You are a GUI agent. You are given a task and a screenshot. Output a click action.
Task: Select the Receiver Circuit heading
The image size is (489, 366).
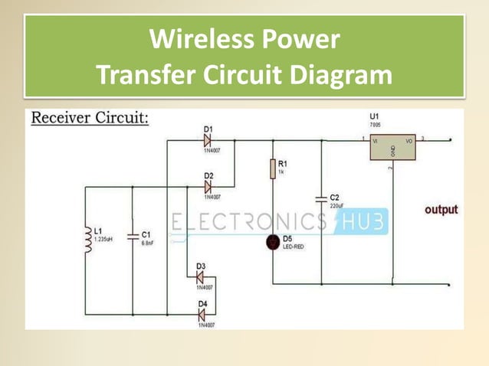pyautogui.click(x=90, y=119)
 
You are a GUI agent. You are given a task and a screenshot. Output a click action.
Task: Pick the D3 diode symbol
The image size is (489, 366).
pyautogui.click(x=202, y=276)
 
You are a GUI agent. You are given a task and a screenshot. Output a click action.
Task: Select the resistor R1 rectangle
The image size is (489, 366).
pyautogui.click(x=272, y=168)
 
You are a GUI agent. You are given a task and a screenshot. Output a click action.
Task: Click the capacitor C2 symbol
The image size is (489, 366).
pyautogui.click(x=322, y=200)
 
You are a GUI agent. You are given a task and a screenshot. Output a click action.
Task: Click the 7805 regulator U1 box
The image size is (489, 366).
pyautogui.click(x=392, y=147)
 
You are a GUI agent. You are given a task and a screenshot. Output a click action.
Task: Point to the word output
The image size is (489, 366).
pyautogui.click(x=441, y=209)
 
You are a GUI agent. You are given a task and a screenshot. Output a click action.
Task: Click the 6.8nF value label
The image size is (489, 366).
pyautogui.click(x=148, y=242)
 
